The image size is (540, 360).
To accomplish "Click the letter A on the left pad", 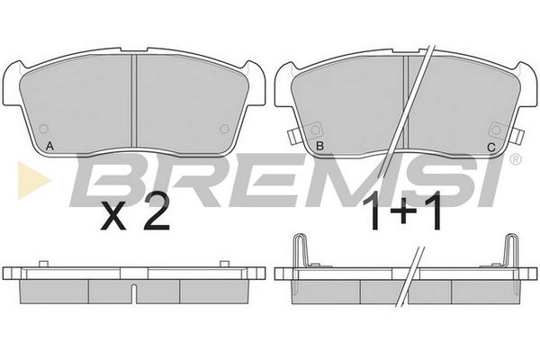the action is [x=49, y=147].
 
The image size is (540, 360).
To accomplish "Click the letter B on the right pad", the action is [x=319, y=146].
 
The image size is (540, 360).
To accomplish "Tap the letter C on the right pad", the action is [x=491, y=148].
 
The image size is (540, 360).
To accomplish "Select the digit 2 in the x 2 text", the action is [x=157, y=212].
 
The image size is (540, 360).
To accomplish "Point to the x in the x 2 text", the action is [x=113, y=217].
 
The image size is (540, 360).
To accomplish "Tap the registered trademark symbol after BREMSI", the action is [x=515, y=159].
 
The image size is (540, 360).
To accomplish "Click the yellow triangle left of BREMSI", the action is [x=32, y=180].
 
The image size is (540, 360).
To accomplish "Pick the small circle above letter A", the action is [x=44, y=130].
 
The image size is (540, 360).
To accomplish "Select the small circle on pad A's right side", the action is [x=224, y=130].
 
